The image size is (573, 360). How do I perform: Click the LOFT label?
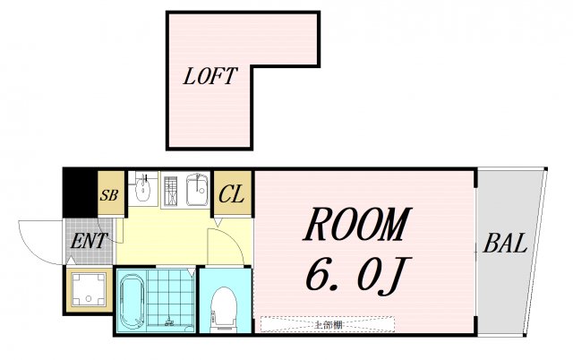pos(209,77)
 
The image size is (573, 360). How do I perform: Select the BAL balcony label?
pos(506,243)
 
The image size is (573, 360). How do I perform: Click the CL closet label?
pos(232,193)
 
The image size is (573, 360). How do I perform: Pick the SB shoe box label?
pos(109,194)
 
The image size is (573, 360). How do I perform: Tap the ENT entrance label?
pos(89,240)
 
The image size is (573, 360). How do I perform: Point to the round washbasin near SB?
pos(143,191)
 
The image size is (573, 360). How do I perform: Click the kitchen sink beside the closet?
pos(197,189)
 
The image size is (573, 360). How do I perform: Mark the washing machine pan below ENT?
pos(88,289)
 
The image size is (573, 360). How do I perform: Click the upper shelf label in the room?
pos(328,324)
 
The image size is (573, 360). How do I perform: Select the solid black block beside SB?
pos(79,191)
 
